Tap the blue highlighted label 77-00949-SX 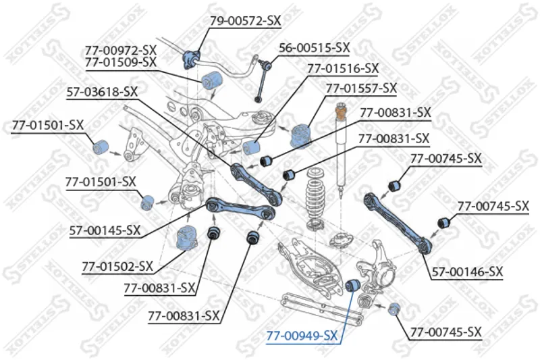[302, 335]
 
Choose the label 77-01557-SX [361, 88]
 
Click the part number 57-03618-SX [102, 91]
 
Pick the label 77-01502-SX [117, 266]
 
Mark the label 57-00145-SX [105, 230]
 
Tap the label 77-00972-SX [121, 49]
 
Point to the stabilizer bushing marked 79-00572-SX [189, 58]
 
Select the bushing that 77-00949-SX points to [352, 286]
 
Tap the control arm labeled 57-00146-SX [396, 220]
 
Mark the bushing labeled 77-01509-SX [210, 79]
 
